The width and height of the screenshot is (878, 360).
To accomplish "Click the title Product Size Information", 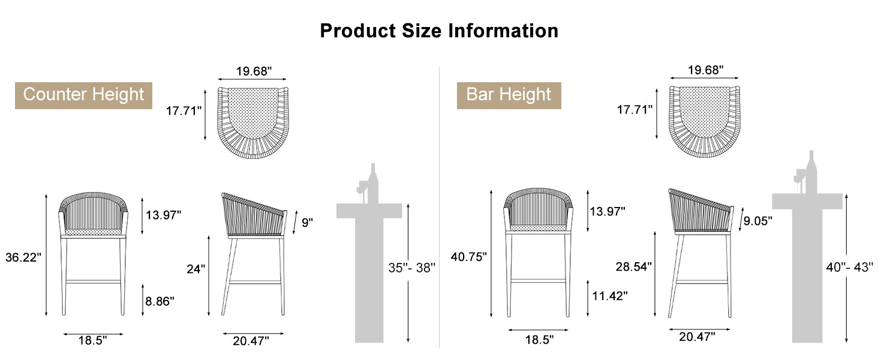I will coord(438,30).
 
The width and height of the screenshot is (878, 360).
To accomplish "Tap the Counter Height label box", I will coord(83,95).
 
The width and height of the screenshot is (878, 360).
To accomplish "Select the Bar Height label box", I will coord(509,95).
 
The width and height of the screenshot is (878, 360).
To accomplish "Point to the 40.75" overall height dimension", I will coord(468,256).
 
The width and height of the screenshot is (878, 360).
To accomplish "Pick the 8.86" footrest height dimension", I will coord(159,301).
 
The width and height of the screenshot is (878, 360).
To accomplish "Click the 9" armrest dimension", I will coord(307,223).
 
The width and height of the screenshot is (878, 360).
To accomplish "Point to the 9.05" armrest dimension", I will coord(757,221).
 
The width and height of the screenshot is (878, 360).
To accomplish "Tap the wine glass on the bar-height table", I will coord(799,179).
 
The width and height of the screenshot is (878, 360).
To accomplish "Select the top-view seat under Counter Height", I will coord(252,122).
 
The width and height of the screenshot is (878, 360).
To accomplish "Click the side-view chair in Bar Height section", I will coord(700,252).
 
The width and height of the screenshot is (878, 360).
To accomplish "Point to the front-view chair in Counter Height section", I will coord(94,252).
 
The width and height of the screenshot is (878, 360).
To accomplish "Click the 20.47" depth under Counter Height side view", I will coord(251,341).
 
